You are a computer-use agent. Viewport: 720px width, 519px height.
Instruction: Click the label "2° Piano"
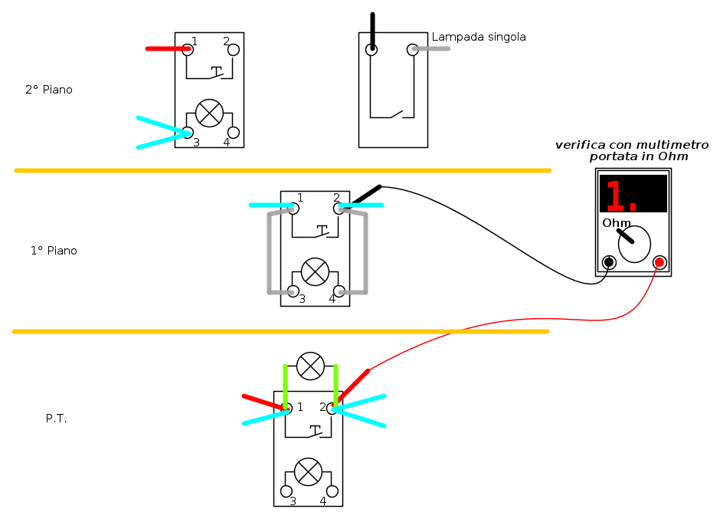point(49,89)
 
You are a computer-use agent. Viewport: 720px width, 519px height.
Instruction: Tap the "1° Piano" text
point(54,251)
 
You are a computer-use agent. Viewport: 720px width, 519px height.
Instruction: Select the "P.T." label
point(56,419)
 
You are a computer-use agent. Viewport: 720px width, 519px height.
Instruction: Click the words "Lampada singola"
point(479,37)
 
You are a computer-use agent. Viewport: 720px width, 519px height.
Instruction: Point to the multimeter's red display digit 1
point(615,195)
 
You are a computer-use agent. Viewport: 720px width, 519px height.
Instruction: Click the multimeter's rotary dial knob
point(634,244)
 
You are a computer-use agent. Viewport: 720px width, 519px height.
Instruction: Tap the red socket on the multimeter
point(659,262)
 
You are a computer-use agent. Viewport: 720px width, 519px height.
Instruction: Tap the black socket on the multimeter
point(609,262)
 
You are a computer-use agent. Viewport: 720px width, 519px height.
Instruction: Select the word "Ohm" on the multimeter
point(617,223)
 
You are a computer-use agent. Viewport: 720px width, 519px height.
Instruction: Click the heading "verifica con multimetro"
point(632,145)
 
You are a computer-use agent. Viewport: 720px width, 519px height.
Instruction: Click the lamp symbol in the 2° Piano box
point(209,113)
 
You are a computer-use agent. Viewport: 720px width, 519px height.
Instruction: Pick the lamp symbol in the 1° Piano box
point(315,271)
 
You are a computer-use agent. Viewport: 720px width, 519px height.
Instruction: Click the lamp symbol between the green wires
point(310,366)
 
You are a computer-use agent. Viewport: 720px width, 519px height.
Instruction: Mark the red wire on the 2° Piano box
point(168,48)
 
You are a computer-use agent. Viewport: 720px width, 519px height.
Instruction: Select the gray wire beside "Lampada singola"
point(431,48)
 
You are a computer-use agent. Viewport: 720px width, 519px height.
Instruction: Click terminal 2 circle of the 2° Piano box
point(234,50)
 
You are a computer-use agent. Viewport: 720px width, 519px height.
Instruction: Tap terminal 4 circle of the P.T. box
point(332,491)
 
